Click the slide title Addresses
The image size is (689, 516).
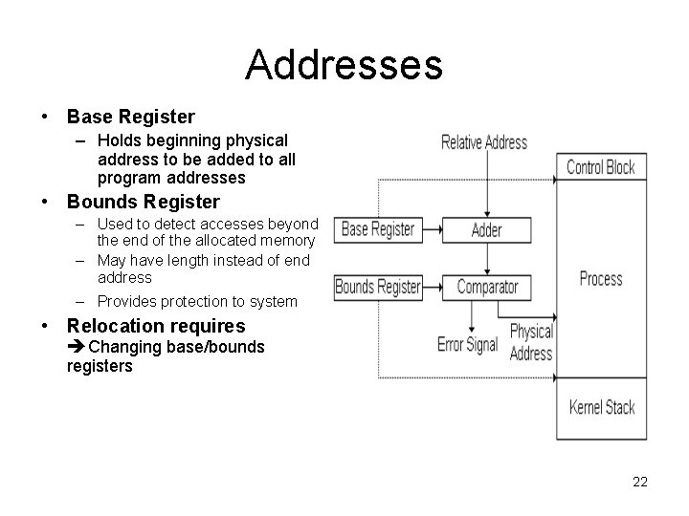coord(344,65)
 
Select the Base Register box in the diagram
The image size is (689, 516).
coord(378,229)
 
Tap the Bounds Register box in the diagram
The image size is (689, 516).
coord(378,286)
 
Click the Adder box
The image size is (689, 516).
coord(487,229)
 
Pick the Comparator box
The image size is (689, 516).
coord(487,286)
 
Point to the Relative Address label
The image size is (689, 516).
coord(483,143)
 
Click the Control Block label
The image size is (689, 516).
coord(600,167)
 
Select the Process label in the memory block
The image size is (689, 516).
coord(601,279)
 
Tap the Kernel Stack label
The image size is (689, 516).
coord(601,408)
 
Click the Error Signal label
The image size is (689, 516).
coord(467,344)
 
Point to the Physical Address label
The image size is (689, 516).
coord(531,342)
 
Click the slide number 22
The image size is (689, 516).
coord(640,482)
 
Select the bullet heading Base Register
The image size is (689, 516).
coord(130,118)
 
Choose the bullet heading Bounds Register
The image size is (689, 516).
coord(143,202)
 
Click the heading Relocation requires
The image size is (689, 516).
coord(156,327)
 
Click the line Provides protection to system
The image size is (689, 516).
coord(197,301)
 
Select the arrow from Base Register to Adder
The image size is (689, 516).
coord(431,229)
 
